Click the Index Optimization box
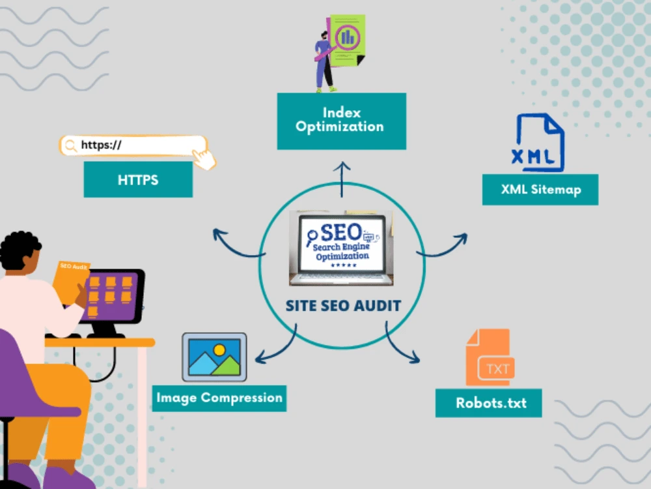tap(342, 121)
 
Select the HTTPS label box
tap(138, 180)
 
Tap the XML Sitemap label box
tap(540, 190)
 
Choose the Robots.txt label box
tap(489, 403)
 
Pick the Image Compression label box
tap(219, 398)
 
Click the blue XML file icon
tap(538, 143)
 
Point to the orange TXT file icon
tap(490, 357)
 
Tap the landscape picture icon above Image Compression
tap(214, 357)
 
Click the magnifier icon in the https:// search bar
tap(71, 145)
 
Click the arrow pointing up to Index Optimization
tap(342, 179)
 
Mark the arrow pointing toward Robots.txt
tap(397, 346)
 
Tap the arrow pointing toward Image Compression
tap(279, 348)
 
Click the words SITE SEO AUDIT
tap(343, 306)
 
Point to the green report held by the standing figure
tap(347, 40)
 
